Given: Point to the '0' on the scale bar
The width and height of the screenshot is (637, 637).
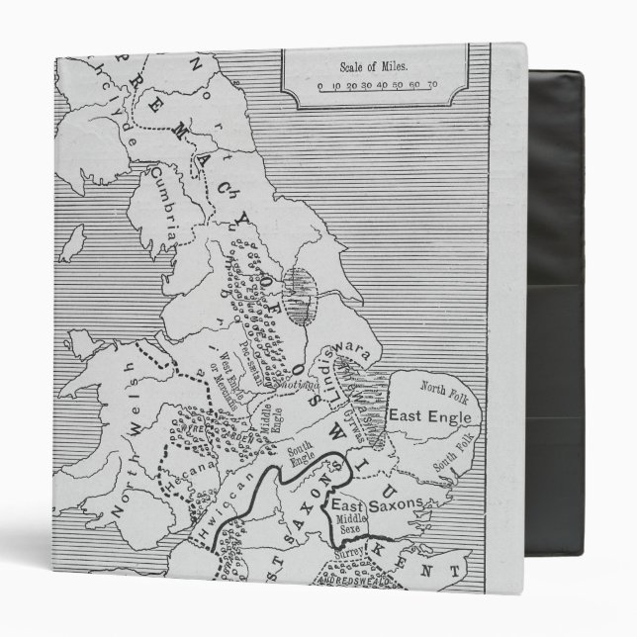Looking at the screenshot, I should pos(320,86).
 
